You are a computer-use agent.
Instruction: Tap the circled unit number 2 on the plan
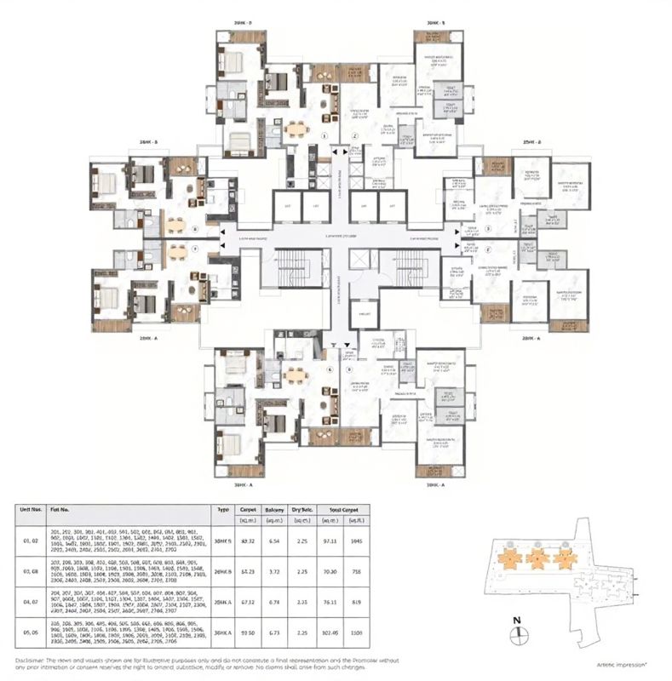click(353, 135)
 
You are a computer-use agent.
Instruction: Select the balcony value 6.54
click(274, 541)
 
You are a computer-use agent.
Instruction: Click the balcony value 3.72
click(274, 572)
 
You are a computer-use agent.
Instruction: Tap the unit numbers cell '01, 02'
click(29, 541)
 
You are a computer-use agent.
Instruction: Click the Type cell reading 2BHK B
click(223, 572)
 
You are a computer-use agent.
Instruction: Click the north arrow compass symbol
click(516, 633)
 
